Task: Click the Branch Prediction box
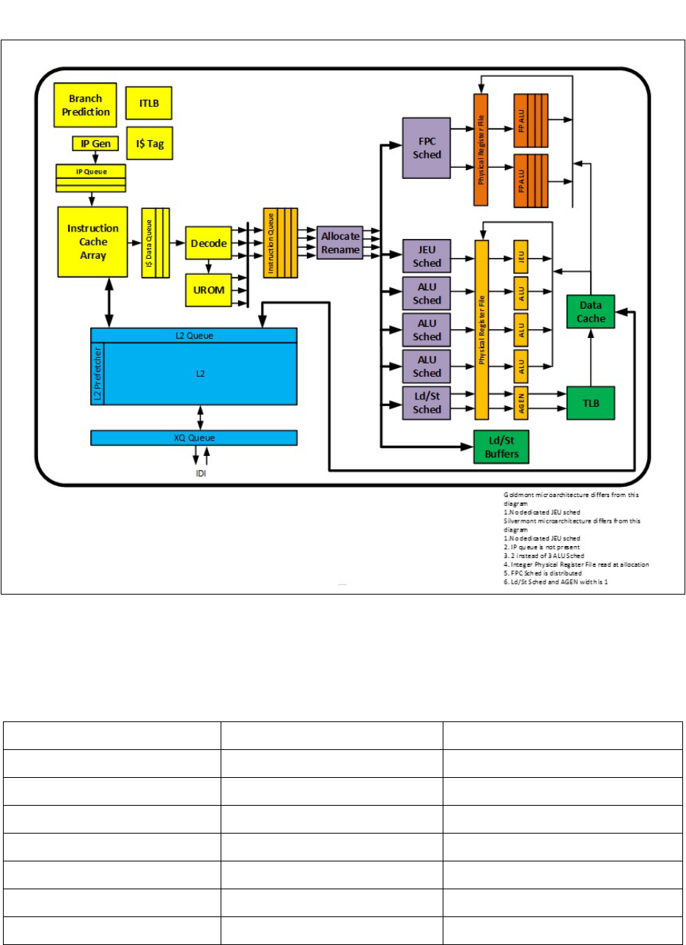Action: tap(85, 105)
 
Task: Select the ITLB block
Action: tap(149, 103)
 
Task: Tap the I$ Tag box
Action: tap(149, 144)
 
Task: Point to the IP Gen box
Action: tap(95, 144)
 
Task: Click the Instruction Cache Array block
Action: tap(93, 242)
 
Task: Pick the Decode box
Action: tap(208, 243)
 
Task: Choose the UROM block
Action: tap(208, 290)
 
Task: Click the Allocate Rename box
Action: tap(340, 243)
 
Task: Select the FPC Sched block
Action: tap(427, 148)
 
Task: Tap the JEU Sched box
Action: tap(427, 257)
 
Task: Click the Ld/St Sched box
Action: tap(427, 403)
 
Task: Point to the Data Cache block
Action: tap(591, 312)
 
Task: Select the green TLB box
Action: tap(591, 402)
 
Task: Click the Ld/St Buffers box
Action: tap(501, 447)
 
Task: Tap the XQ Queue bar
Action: tap(193, 438)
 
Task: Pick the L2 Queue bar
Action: tap(193, 335)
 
